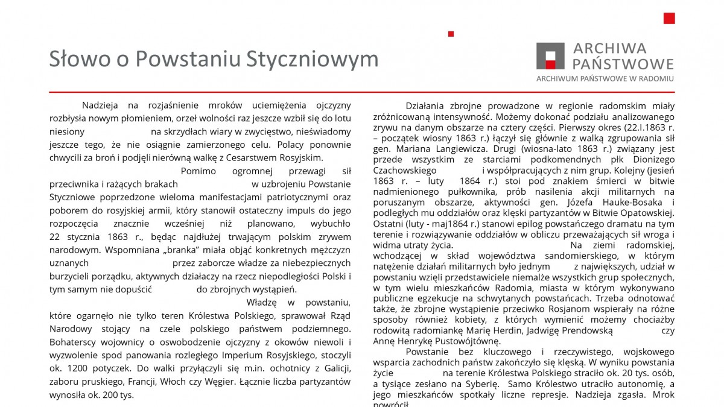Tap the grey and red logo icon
tap(550, 56)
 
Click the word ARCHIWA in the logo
tap(609, 48)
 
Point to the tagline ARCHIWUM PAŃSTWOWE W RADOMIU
tap(605, 78)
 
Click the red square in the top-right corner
tap(669, 18)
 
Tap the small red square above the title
tap(451, 34)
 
